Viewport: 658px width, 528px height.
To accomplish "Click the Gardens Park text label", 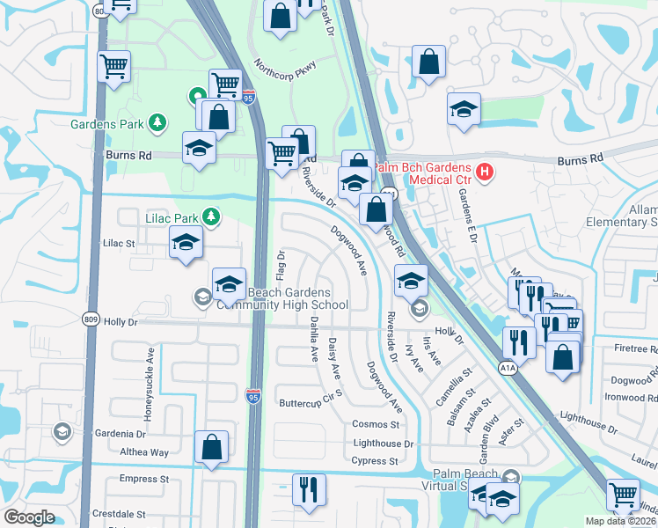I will pyautogui.click(x=108, y=124).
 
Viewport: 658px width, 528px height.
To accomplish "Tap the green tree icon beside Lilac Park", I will pyautogui.click(x=211, y=216).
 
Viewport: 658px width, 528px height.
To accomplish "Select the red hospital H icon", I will pyautogui.click(x=482, y=173).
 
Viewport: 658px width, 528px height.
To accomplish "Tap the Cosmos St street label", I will pyautogui.click(x=376, y=424).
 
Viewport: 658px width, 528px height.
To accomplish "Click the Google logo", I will pyautogui.click(x=30, y=517).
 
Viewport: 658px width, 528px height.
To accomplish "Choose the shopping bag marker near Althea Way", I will pyautogui.click(x=212, y=446).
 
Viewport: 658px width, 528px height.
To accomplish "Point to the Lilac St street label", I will pyautogui.click(x=119, y=242).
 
